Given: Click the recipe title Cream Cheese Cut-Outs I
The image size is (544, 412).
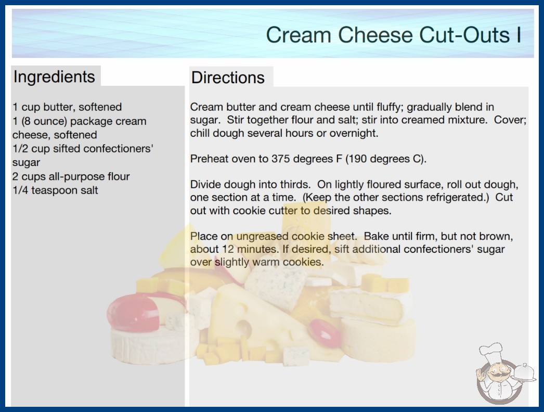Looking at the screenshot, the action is (x=393, y=35).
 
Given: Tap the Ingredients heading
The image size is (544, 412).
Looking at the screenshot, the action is (x=54, y=77).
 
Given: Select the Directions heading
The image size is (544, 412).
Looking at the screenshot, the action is (x=228, y=78).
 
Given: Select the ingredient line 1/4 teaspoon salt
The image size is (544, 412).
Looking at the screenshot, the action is (x=55, y=190).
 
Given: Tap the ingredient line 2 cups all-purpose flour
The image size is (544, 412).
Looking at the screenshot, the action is (x=71, y=176).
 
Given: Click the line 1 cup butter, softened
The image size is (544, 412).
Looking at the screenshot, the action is (x=67, y=107).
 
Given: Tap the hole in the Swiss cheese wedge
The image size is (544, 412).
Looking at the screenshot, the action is (x=243, y=328).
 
